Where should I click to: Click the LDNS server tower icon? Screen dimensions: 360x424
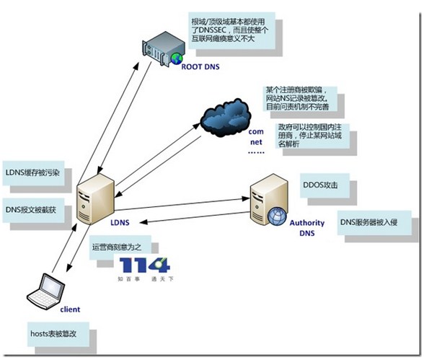[96, 196]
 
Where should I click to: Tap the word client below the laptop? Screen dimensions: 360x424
[71, 309]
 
